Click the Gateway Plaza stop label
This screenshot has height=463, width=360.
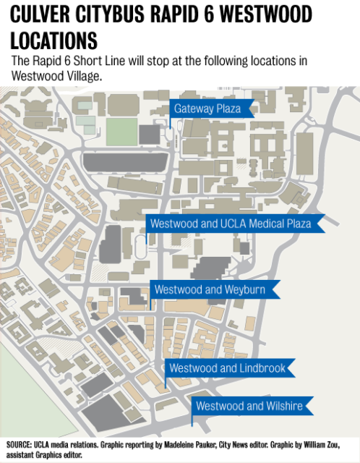212,109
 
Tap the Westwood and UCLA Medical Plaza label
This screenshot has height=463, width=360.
235,224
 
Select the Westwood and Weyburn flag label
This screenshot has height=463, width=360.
215,289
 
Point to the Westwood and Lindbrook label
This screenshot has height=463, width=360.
230,368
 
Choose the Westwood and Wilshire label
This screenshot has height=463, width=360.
252,406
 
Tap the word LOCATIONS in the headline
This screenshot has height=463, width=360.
54,41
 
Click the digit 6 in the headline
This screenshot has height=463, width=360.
208,14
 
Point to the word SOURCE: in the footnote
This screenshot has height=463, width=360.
19,445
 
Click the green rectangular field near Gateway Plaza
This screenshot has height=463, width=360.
122,132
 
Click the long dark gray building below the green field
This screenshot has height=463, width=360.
125,162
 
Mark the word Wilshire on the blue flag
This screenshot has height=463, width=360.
284,406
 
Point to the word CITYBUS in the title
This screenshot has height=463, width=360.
110,14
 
